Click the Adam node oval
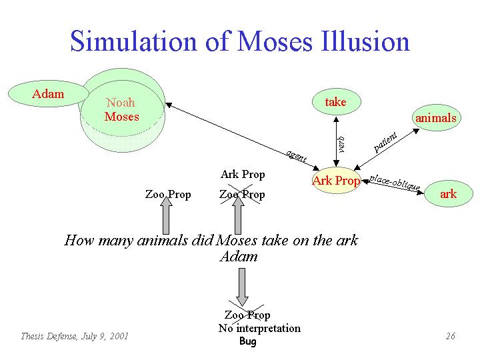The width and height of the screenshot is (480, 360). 49,94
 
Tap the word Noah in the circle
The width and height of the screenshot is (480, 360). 121,102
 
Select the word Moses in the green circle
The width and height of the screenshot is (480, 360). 122,117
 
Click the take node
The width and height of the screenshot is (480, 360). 337,102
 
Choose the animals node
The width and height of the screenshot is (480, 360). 436,118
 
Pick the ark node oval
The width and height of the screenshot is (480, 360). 449,194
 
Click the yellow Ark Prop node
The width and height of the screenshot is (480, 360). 337,181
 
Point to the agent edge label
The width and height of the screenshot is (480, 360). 296,156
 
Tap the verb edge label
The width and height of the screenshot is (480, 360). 341,145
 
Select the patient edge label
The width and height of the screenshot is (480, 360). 386,142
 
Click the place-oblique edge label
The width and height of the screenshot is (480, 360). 395,182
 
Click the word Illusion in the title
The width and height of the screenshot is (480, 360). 365,41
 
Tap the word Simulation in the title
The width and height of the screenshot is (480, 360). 133,41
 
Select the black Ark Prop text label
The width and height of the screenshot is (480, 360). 243,175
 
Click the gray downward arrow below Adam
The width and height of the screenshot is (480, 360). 242,287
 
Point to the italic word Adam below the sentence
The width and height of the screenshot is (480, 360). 239,256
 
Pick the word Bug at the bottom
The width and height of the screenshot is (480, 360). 247,341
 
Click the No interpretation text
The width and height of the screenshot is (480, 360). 259,328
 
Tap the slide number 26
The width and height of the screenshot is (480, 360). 451,336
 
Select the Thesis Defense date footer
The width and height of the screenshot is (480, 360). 75,337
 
